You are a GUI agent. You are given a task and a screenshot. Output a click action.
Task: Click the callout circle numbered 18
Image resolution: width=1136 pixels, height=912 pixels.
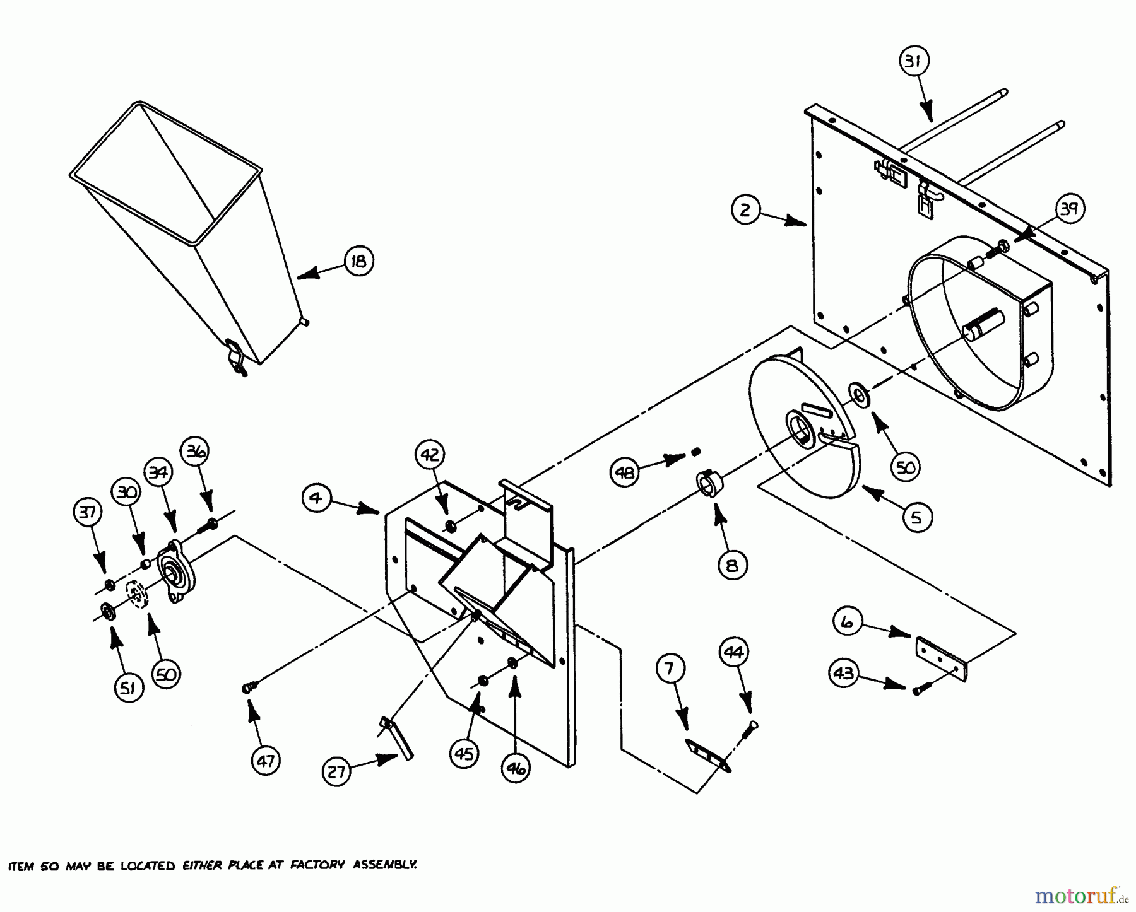(358, 260)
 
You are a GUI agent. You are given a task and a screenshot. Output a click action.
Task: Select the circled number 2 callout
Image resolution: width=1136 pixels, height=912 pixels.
(746, 209)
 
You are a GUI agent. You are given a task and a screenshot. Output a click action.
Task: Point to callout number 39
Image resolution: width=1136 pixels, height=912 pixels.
(1068, 209)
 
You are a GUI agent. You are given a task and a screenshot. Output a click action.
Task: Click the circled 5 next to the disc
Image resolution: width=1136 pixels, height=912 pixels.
(916, 517)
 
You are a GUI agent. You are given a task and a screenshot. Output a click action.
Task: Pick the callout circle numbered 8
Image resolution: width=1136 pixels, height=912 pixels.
(732, 565)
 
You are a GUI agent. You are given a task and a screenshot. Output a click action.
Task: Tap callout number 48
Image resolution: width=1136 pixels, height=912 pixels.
(625, 472)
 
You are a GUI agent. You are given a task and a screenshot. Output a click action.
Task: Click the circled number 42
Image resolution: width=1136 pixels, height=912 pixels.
(430, 455)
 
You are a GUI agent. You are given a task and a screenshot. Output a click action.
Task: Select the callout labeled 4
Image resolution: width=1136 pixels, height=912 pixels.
(316, 498)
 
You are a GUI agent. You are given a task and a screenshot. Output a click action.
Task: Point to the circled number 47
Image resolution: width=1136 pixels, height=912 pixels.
(266, 761)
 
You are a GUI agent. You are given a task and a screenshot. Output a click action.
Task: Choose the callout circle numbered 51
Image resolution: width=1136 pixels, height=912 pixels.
(128, 687)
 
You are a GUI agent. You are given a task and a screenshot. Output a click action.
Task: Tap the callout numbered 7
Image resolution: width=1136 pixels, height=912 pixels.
(671, 667)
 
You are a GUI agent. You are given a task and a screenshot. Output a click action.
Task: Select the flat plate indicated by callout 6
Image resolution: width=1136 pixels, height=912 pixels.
(940, 659)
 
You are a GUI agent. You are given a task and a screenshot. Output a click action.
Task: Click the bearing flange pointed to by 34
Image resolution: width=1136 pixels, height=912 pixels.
(174, 571)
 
